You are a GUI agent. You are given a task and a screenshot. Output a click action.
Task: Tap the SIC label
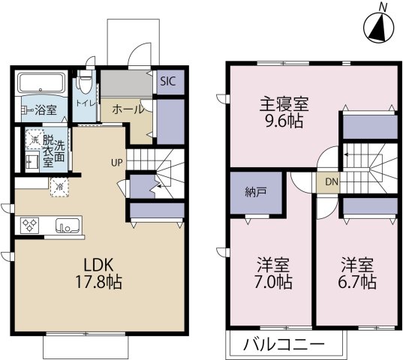167,82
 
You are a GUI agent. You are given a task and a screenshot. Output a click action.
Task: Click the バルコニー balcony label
284,346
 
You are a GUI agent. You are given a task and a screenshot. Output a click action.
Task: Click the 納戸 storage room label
254,191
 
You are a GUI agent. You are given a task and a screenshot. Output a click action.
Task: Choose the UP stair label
116,161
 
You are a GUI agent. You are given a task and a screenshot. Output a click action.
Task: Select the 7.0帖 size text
274,283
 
